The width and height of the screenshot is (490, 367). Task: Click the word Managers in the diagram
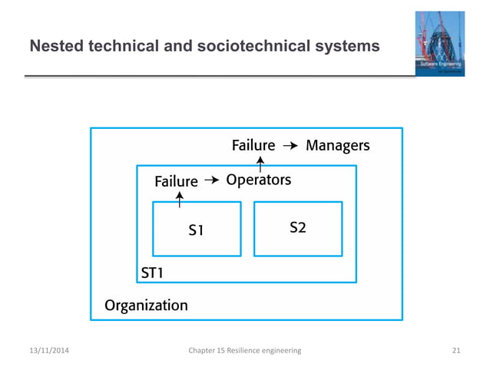coord(337,145)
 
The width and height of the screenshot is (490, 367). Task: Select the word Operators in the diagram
coord(258,180)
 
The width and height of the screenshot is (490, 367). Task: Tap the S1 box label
coord(197,229)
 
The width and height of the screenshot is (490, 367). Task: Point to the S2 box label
coord(298,227)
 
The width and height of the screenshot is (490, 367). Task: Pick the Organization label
coord(145,305)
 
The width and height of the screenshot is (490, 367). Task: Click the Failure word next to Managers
coord(253,145)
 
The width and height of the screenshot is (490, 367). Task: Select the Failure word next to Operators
coord(176,182)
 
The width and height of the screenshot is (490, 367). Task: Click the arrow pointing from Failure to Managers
coord(290,145)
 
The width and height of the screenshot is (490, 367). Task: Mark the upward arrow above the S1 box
coord(180,199)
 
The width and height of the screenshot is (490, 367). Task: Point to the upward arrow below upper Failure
coord(260,163)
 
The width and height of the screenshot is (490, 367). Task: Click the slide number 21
coord(456,350)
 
